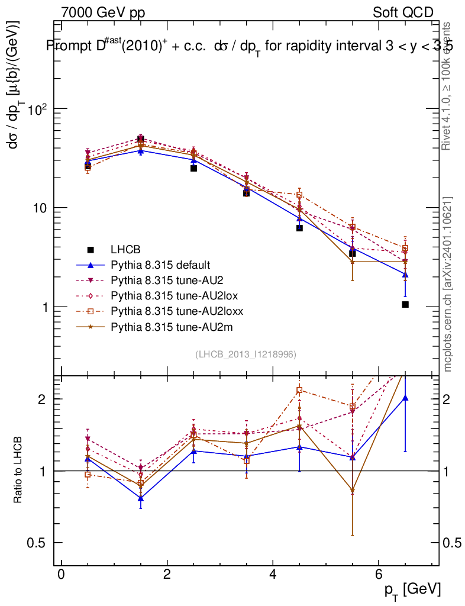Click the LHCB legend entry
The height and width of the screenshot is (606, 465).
coord(128,249)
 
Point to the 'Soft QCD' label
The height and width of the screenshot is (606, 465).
coord(403,12)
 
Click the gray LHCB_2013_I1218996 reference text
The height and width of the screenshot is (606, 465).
coord(246,354)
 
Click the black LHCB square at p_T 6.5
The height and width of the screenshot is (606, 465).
coord(405,304)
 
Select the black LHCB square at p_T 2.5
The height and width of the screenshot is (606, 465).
coord(193,168)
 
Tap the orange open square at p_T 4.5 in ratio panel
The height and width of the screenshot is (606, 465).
coord(299,390)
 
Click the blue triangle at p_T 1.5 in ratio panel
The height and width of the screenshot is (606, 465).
coord(141,498)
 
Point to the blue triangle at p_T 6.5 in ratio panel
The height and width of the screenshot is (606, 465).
coord(405,398)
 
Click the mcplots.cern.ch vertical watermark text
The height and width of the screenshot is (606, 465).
coord(448,284)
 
